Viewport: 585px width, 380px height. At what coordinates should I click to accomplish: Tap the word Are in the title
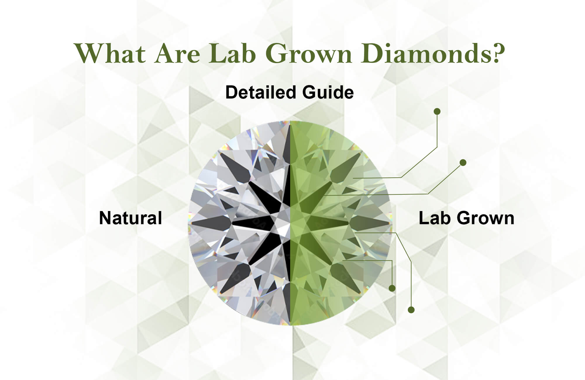coord(177,53)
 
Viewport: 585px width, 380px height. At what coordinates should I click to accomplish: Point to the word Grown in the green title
coord(309,53)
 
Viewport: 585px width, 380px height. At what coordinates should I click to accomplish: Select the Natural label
coord(130,218)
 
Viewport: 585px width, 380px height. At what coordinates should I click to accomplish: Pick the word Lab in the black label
coord(435,218)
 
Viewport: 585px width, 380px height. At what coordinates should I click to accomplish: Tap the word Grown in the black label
coord(486,218)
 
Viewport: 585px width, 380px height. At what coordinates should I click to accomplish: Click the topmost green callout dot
coord(437,111)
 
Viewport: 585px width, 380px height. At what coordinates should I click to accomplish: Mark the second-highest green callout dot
coord(463,163)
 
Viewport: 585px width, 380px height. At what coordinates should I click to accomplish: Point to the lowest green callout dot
coord(411,310)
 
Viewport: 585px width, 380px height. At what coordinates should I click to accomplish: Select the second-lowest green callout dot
coord(392,288)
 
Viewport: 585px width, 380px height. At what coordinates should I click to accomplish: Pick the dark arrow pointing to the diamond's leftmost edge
coord(211,223)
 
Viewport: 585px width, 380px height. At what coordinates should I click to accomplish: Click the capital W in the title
coord(88,53)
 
